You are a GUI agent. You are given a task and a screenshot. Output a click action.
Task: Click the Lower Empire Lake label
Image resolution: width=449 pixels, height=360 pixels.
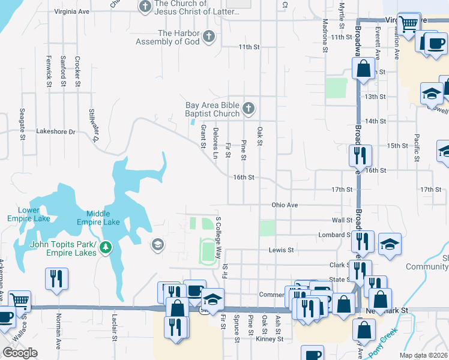click(28, 214)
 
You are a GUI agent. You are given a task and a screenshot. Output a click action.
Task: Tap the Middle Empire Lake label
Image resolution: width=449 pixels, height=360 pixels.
click(103, 217)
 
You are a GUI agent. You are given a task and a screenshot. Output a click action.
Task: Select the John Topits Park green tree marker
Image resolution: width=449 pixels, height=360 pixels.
click(106, 247)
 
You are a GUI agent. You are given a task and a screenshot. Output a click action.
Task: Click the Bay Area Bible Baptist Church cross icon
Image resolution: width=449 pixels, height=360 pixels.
click(249, 110)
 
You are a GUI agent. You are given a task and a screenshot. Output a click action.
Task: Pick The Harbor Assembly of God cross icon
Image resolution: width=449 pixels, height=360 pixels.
click(208, 37)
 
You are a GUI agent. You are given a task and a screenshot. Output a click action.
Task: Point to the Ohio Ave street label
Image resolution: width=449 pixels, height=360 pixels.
click(285, 205)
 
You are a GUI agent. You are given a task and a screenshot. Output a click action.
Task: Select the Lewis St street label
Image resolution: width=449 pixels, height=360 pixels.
click(281, 250)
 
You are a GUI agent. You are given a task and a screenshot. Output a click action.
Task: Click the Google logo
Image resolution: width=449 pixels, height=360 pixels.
click(20, 353)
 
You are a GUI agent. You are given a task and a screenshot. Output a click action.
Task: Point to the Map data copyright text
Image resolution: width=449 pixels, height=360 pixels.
click(424, 355)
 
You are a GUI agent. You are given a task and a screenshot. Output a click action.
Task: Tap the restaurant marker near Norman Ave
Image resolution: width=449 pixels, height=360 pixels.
click(57, 279)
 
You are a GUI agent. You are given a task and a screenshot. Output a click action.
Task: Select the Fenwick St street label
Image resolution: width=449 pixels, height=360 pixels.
click(49, 71)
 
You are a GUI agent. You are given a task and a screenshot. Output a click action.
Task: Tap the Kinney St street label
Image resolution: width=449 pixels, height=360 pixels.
click(269, 339)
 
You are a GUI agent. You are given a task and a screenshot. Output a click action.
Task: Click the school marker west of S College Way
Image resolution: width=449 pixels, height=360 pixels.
click(157, 244)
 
